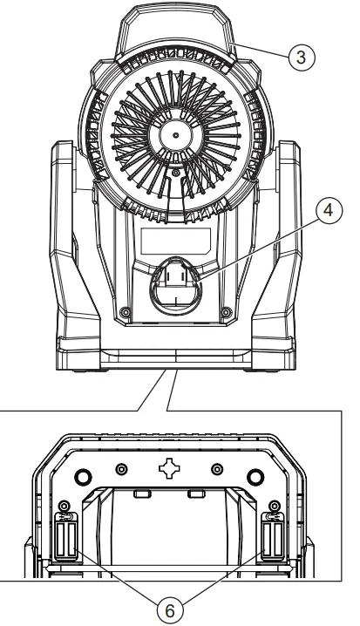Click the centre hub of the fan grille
coord(174,137)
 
